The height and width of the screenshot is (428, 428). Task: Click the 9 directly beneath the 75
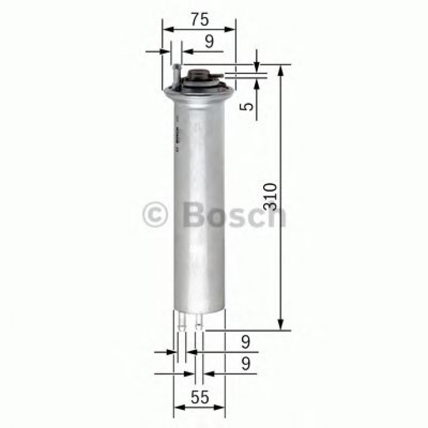209,42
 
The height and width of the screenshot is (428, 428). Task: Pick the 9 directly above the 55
246,364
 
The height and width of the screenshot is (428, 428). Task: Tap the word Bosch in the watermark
234,215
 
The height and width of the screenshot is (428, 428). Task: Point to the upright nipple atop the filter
177,74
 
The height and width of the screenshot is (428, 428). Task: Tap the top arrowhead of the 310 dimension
281,69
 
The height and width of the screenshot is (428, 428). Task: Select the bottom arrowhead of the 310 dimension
281,325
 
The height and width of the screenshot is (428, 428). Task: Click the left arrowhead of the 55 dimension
179,408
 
